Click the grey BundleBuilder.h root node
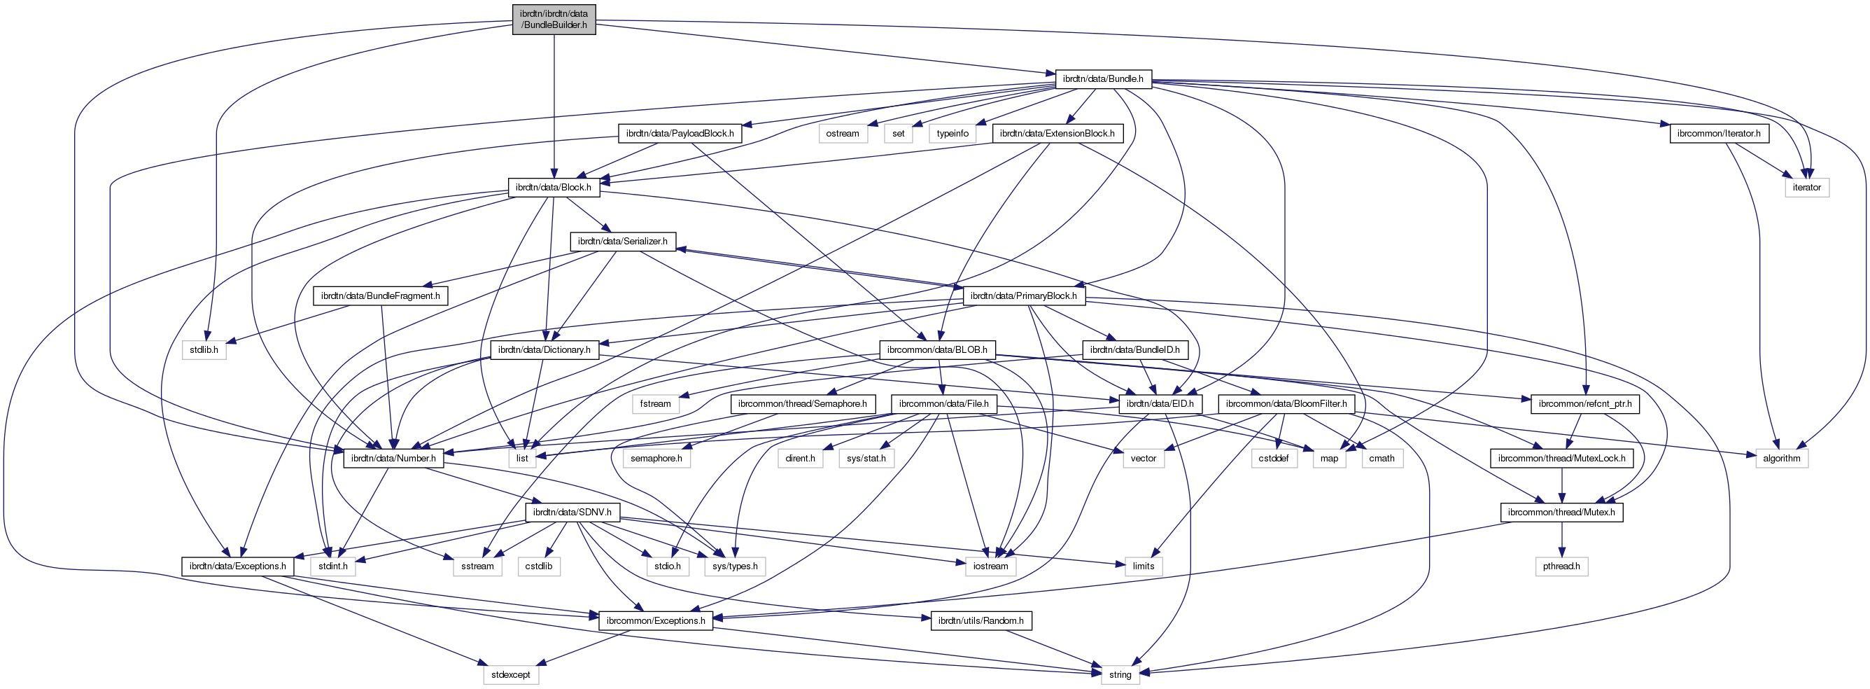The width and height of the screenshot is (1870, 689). [x=554, y=19]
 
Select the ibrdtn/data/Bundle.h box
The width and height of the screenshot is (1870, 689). [x=1103, y=78]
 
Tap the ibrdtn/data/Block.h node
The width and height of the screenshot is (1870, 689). [x=553, y=188]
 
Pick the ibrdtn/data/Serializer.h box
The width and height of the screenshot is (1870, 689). [x=623, y=241]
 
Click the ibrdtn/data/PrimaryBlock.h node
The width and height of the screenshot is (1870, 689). [x=1024, y=295]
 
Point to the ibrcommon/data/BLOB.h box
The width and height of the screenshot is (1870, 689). [x=937, y=349]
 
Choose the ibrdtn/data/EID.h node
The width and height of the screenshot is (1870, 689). [x=1160, y=404]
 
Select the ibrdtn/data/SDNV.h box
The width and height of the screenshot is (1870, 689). [x=572, y=512]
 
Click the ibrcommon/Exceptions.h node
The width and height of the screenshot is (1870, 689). [x=656, y=621]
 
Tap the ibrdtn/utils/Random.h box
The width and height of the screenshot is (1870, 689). [x=980, y=621]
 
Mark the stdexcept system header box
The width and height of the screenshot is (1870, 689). [x=510, y=674]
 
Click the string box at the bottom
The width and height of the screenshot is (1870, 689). [x=1120, y=674]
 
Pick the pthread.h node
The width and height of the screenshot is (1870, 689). [x=1561, y=566]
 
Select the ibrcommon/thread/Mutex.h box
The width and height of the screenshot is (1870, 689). [x=1561, y=512]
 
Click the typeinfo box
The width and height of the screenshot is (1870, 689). [x=952, y=134]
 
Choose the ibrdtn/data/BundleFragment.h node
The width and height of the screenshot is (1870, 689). [x=381, y=295]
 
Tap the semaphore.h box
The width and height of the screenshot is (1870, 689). [x=656, y=458]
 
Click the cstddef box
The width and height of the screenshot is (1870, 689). [x=1273, y=458]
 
